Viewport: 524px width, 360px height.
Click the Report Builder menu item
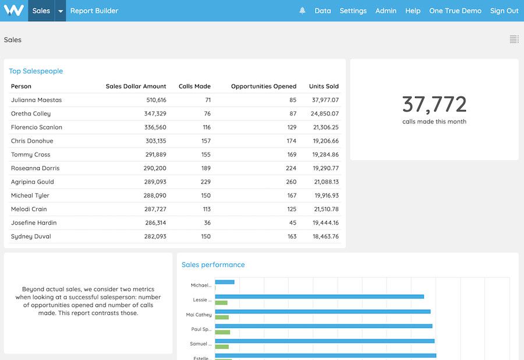click(94, 10)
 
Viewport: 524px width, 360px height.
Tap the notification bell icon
click(302, 10)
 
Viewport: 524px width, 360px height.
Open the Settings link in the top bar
click(353, 10)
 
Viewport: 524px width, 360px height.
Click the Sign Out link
click(504, 10)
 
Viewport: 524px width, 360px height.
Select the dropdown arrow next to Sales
click(61, 10)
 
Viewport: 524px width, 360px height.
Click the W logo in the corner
click(13, 10)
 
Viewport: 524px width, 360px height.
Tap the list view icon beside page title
click(514, 40)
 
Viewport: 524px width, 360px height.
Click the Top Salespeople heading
click(36, 71)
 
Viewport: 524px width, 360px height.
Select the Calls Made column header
click(194, 86)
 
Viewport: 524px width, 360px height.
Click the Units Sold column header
click(324, 86)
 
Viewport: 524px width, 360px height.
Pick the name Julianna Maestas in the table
click(36, 100)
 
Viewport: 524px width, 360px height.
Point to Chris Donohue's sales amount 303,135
click(155, 141)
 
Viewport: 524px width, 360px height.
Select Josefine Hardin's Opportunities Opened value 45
click(292, 223)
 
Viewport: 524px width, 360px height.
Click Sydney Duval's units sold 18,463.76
click(325, 237)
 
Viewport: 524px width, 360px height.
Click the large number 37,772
click(434, 104)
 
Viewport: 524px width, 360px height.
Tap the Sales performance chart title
click(213, 264)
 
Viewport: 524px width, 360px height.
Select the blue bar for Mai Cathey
click(323, 312)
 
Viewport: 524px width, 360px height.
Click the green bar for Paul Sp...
click(222, 332)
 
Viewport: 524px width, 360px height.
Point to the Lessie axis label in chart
click(202, 300)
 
